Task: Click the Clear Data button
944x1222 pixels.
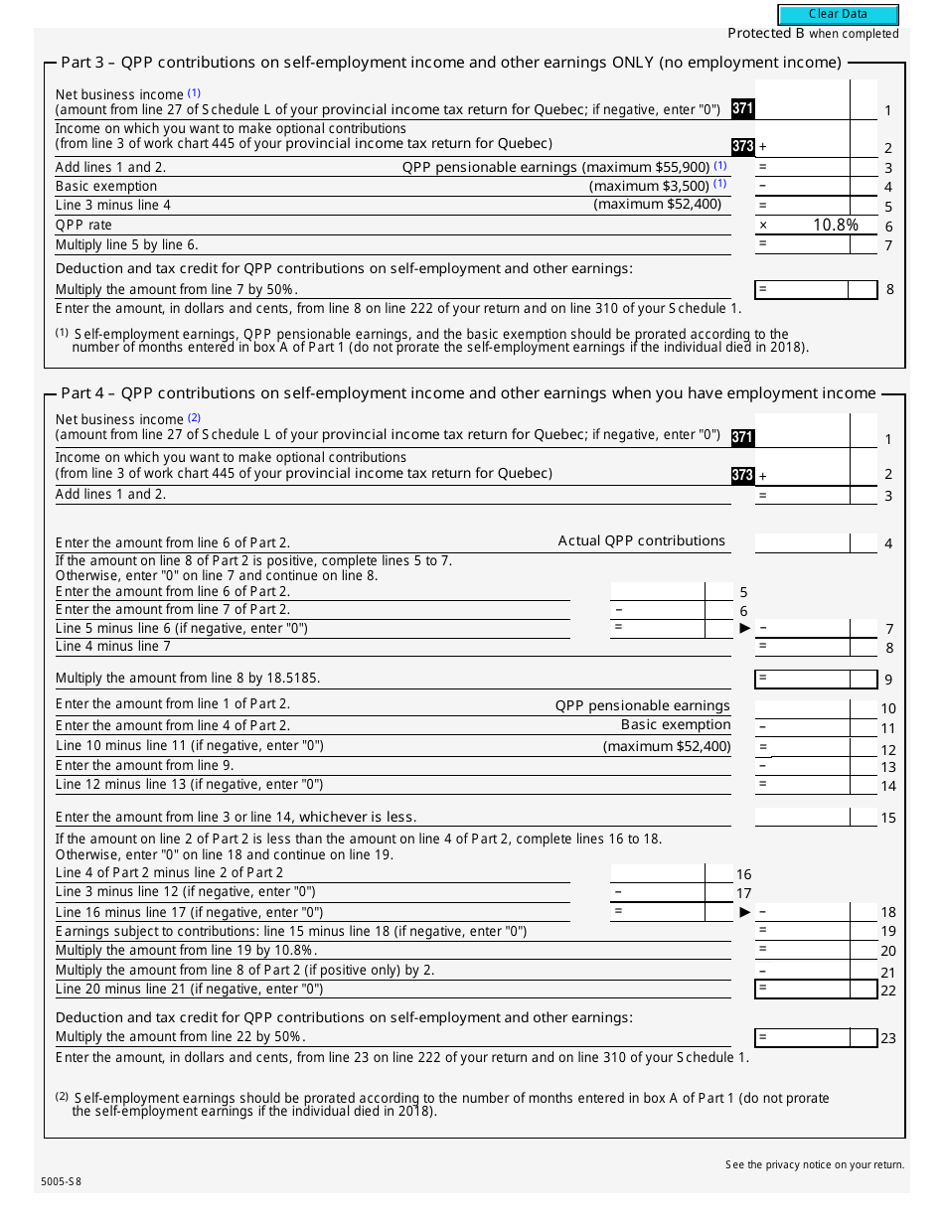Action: pos(838,14)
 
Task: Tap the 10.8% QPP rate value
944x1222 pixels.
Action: pos(835,226)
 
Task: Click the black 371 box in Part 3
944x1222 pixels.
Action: pos(742,108)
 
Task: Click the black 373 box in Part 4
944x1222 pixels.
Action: pos(742,475)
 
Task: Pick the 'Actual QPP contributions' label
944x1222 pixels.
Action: pos(641,541)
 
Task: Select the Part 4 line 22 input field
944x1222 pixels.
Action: pos(815,989)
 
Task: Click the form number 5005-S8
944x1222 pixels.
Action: pos(62,1181)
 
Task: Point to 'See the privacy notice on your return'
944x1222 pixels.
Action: pos(815,1164)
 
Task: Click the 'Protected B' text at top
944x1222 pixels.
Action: pos(766,33)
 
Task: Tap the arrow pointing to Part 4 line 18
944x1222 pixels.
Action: pos(745,912)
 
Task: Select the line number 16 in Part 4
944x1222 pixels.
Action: pos(743,874)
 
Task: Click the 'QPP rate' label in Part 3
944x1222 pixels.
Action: pos(83,226)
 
